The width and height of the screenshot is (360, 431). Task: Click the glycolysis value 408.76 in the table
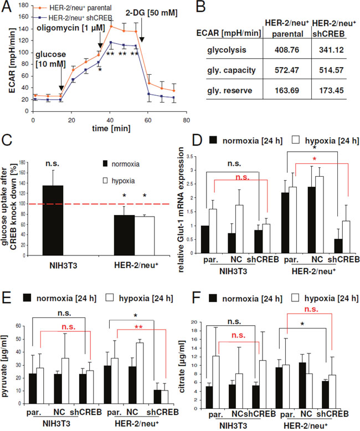tap(287, 50)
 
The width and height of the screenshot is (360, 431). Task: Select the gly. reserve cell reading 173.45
tap(331, 90)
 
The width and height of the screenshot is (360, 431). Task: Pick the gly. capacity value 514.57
tap(331, 70)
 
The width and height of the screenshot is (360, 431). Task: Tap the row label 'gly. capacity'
tap(232, 70)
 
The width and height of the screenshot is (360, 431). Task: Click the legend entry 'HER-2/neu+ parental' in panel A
tap(73, 8)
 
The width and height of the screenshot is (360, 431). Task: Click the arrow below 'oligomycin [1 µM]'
tap(100, 41)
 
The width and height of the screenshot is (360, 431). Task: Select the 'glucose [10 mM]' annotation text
tap(50, 59)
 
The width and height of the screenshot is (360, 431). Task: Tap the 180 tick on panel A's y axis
tap(24, 5)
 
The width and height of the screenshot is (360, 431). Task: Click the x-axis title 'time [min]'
tap(111, 129)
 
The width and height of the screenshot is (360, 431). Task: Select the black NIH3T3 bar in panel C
tap(53, 220)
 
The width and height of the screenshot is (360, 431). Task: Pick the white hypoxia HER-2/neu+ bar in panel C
tap(144, 236)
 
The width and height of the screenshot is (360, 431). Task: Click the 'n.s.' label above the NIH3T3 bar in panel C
tap(52, 163)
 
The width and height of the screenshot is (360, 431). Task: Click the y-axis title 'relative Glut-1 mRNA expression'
tap(181, 209)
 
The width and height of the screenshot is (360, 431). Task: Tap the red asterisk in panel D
tap(315, 159)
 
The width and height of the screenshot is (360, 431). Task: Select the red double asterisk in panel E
tap(138, 327)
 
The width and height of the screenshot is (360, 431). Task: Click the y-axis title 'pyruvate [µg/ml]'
tap(4, 366)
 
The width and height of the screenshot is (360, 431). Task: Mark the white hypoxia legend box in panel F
tap(295, 298)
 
